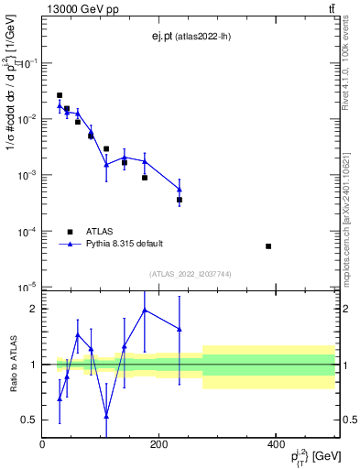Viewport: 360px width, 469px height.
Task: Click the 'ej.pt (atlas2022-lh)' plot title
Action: [x=190, y=37]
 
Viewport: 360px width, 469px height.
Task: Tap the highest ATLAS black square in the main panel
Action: [x=60, y=95]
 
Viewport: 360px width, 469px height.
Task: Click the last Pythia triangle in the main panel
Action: [x=180, y=190]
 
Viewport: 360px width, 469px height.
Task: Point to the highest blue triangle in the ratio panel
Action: [x=145, y=310]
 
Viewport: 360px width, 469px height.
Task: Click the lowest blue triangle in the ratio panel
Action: [x=106, y=416]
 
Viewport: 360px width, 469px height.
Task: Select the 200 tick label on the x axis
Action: [x=158, y=444]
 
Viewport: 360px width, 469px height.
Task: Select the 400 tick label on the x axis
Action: [x=276, y=444]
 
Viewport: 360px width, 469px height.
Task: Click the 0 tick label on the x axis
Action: [x=42, y=444]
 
